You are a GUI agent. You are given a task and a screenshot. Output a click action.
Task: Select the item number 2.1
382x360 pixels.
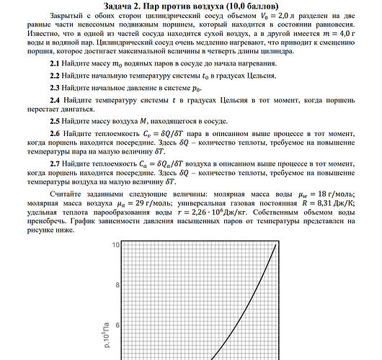pos(55,65)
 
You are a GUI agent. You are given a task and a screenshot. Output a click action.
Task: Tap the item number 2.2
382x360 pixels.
pos(55,75)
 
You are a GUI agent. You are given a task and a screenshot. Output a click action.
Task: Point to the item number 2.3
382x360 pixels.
pos(55,86)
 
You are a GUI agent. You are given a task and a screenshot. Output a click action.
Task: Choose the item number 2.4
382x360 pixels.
pos(55,99)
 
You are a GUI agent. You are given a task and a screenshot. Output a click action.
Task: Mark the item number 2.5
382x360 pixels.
pos(55,121)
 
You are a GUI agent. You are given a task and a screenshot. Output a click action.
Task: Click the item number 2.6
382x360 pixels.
pos(55,134)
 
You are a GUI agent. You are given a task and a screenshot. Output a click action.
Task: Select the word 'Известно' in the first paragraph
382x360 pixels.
pos(42,33)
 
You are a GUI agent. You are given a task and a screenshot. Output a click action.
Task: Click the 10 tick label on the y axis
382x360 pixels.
pos(115,246)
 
